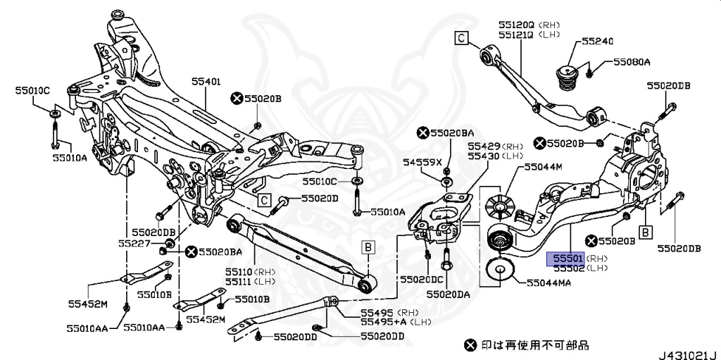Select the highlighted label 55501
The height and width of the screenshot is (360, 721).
click(x=565, y=259)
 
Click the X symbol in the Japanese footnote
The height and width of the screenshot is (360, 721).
click(x=470, y=345)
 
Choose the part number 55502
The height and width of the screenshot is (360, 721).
click(x=565, y=268)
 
